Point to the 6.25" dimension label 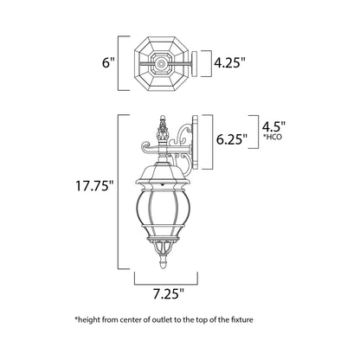point(232,137)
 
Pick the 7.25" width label point(166,294)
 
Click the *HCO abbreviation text point(271,136)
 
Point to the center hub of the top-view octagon point(162,62)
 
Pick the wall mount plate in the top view point(193,62)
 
